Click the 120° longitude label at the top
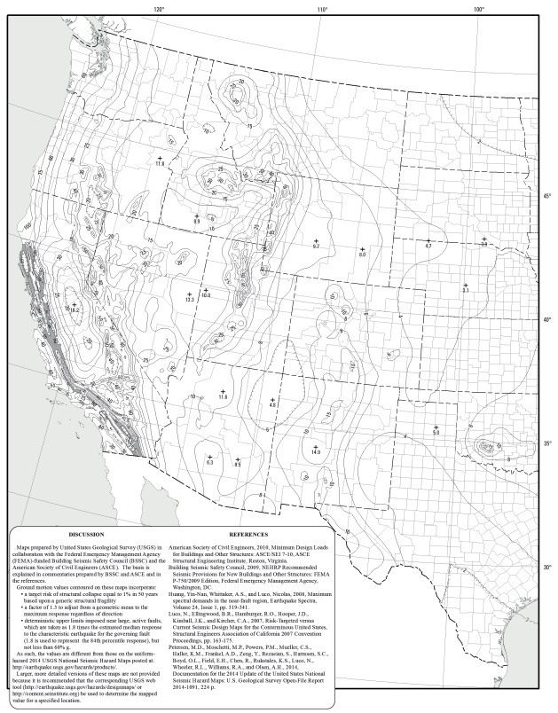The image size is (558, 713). (x=159, y=8)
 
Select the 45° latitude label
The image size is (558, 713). (x=548, y=196)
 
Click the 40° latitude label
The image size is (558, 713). (x=548, y=319)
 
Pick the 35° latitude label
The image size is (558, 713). (x=548, y=443)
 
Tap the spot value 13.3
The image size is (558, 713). (x=189, y=300)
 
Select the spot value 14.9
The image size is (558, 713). (x=316, y=452)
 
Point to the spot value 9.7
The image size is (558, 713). (x=316, y=245)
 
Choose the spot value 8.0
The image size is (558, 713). (x=362, y=255)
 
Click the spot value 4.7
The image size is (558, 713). (x=428, y=246)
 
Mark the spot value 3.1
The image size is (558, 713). (x=466, y=289)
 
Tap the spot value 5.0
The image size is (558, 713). (x=436, y=432)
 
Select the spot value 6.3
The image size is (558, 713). (x=210, y=463)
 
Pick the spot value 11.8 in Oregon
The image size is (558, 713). (x=160, y=163)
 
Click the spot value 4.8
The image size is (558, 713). (x=272, y=405)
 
